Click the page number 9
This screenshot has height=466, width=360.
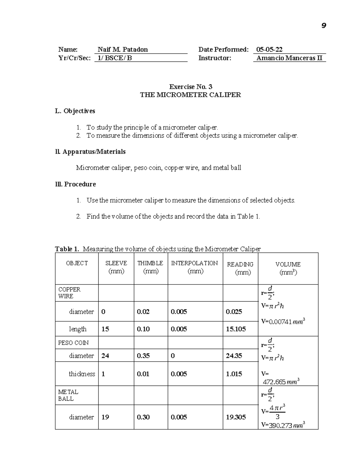[323, 26]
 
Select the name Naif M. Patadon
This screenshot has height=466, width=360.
[123, 50]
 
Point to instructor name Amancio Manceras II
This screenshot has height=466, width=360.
[289, 58]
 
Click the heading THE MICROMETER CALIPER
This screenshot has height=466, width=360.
[190, 95]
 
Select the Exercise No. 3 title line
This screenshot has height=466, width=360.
[190, 87]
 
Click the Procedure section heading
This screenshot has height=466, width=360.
[75, 184]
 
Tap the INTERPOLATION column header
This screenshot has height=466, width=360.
[194, 263]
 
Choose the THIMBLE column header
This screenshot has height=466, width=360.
[150, 263]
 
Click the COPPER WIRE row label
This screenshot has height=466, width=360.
[69, 293]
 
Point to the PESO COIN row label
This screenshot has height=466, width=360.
[73, 343]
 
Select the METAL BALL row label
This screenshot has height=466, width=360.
[68, 395]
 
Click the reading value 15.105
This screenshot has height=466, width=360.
[236, 329]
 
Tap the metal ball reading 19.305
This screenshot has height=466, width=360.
[236, 417]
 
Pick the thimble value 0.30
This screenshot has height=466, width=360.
[143, 417]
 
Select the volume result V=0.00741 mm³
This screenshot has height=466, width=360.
[283, 322]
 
